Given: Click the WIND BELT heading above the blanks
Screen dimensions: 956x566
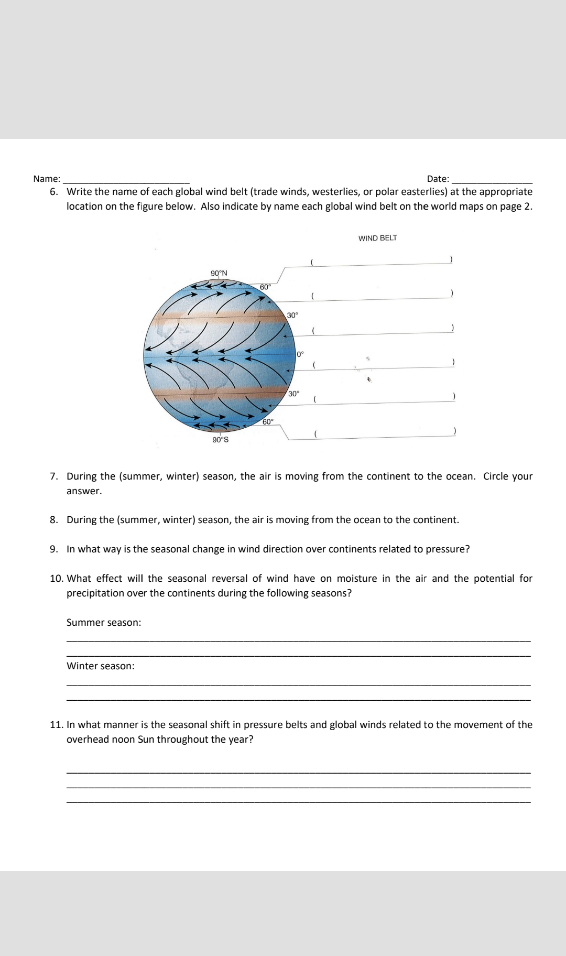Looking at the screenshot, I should (377, 238).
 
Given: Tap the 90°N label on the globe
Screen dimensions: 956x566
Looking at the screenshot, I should (219, 273).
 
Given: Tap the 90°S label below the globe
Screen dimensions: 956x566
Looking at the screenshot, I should (220, 440).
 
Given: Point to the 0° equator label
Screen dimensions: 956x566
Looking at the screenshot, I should (300, 354).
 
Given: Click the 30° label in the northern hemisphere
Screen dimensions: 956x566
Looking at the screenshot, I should (292, 315).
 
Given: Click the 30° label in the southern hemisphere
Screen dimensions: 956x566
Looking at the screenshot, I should (294, 393).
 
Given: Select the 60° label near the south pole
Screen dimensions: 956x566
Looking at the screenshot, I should (267, 422).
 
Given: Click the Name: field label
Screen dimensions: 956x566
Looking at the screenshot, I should (47, 179).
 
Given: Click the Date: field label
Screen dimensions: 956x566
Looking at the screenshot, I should (438, 179).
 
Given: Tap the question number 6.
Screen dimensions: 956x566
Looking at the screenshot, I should (53, 191).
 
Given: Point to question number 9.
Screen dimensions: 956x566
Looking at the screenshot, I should (53, 549).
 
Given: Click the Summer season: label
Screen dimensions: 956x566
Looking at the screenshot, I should (104, 622).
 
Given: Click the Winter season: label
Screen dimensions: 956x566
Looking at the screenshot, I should (100, 666).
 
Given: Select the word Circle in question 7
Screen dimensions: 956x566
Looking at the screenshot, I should (495, 476).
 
